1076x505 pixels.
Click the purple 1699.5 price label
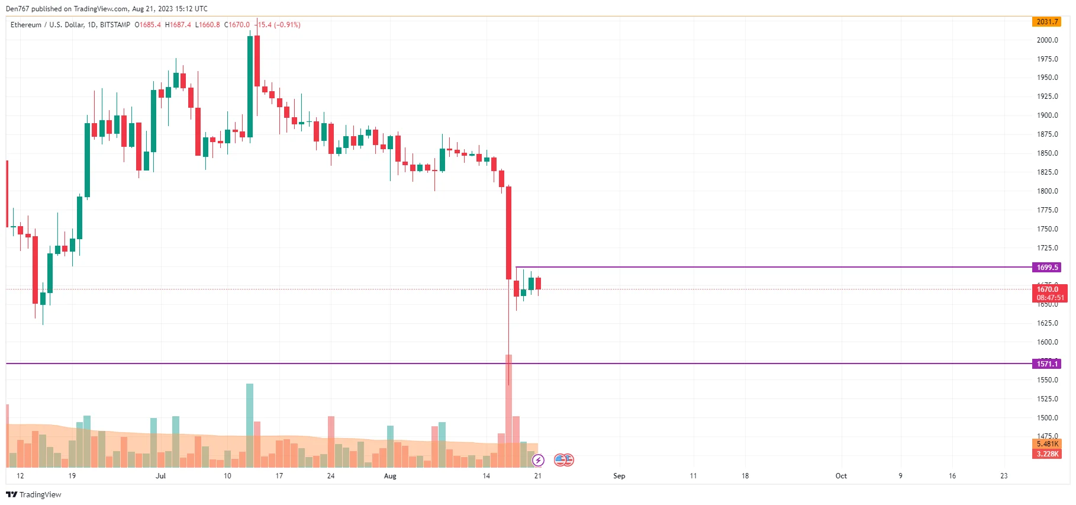(x=1046, y=268)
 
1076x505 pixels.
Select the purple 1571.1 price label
(x=1046, y=364)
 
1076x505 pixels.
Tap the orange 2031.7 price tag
(x=1046, y=22)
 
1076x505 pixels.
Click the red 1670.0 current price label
(x=1048, y=290)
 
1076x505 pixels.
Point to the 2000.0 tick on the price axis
(x=1047, y=40)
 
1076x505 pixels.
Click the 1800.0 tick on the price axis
(x=1047, y=191)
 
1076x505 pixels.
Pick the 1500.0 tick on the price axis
(x=1047, y=418)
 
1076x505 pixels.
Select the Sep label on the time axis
(x=619, y=476)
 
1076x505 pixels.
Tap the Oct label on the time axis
(x=841, y=476)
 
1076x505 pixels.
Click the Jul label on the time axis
(x=160, y=476)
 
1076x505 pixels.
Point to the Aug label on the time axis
(x=390, y=476)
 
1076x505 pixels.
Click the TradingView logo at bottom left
(x=34, y=494)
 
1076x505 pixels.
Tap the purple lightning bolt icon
(x=538, y=460)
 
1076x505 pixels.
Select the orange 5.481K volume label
(x=1047, y=444)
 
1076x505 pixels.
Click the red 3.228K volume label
(x=1047, y=454)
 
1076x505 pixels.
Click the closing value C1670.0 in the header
(x=237, y=25)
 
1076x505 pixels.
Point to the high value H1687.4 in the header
(x=178, y=25)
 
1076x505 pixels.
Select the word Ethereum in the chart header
(x=26, y=25)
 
